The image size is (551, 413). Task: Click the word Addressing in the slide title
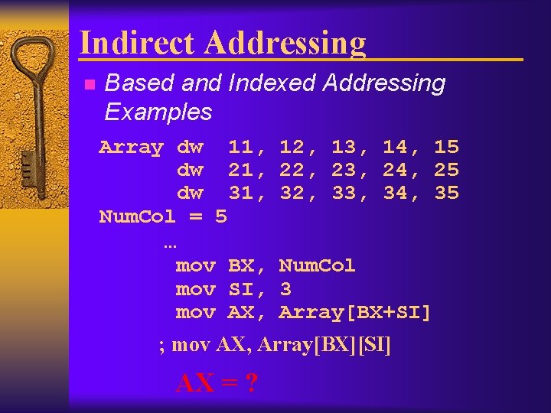285,43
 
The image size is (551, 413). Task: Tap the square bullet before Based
89,84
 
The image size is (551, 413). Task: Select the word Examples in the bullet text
158,112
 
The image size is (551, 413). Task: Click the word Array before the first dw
131,147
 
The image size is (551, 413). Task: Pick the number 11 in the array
241,147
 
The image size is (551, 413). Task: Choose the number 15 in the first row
446,147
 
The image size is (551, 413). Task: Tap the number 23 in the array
344,171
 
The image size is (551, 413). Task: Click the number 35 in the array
446,194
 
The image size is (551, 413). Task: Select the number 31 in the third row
241,194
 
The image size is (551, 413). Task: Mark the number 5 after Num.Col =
221,217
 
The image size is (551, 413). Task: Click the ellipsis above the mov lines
170,244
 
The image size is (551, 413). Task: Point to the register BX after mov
241,266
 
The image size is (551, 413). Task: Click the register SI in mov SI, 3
241,290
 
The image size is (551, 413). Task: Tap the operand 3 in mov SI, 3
285,290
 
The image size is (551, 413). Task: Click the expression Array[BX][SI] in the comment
324,346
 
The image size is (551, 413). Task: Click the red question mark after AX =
250,382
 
